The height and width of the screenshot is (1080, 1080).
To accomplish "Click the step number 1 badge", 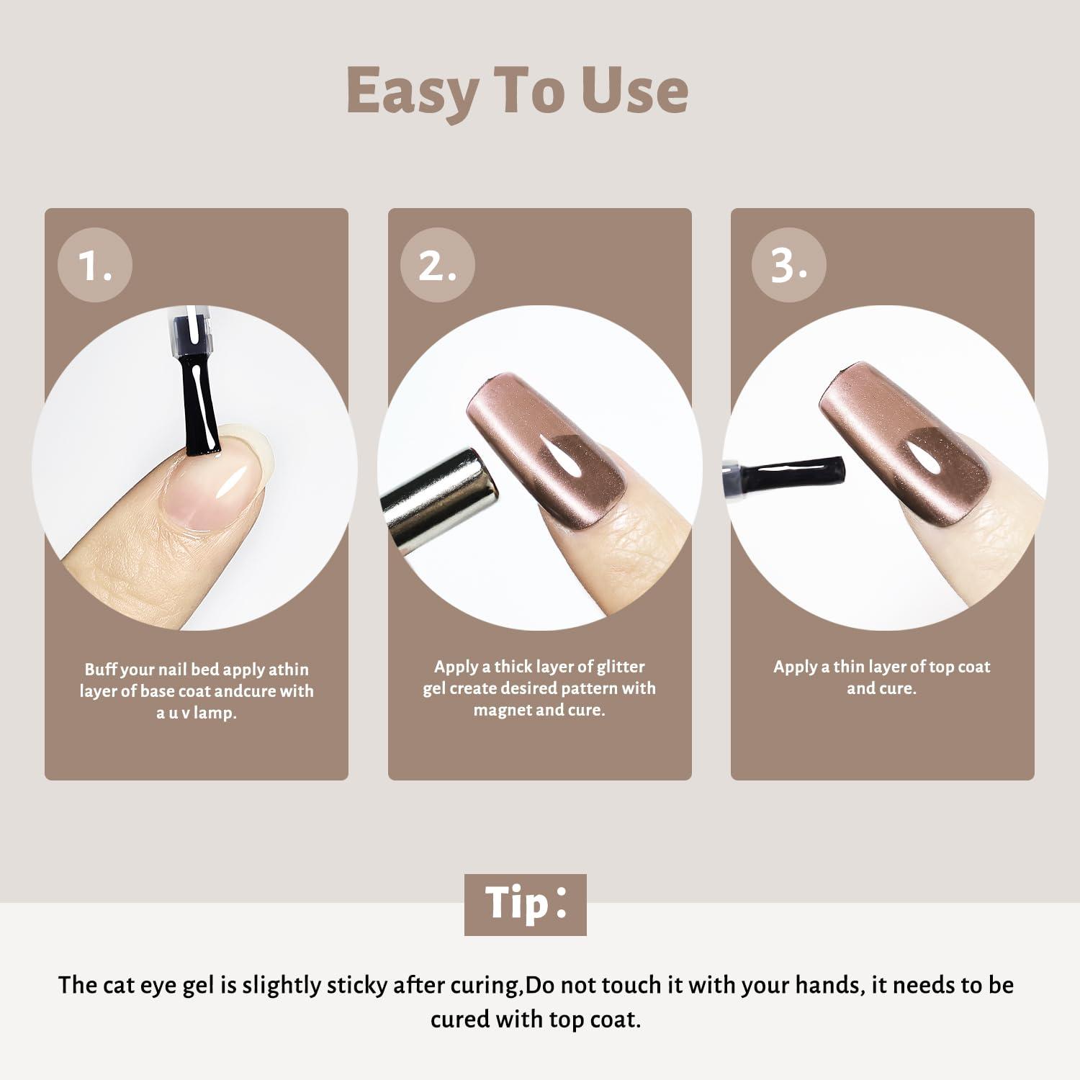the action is click(95, 265).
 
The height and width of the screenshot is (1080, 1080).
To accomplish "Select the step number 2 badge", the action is click(438, 265).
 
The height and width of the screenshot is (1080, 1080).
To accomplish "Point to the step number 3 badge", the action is click(788, 265).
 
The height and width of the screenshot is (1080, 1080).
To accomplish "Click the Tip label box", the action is click(526, 904).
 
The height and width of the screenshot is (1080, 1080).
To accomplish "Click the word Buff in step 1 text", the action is click(102, 670).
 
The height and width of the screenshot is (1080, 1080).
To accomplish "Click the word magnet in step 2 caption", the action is click(500, 711).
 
